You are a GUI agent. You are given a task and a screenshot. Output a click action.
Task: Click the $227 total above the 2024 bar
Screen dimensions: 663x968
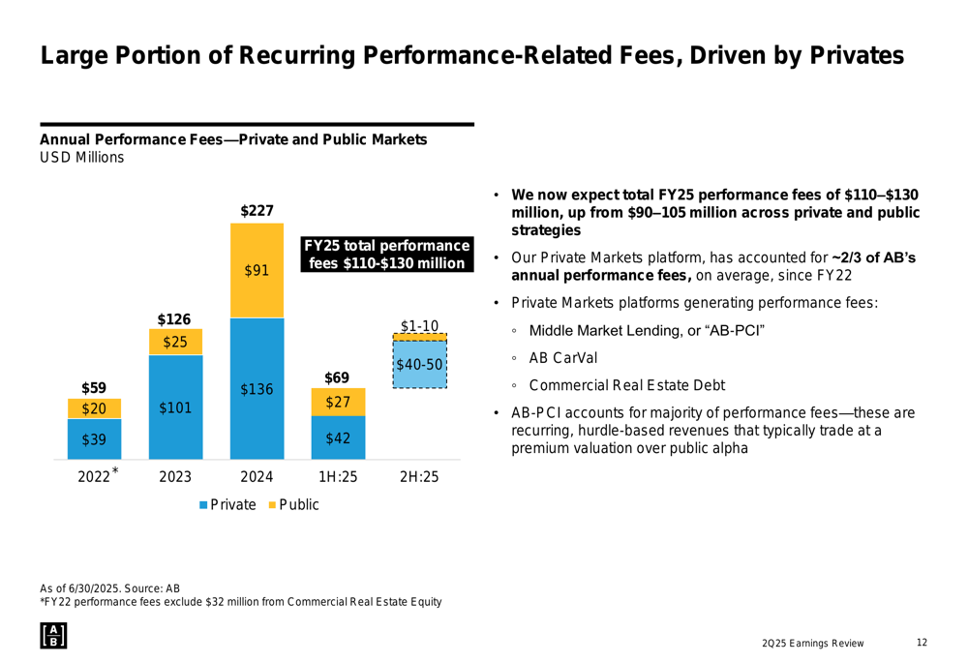[257, 209]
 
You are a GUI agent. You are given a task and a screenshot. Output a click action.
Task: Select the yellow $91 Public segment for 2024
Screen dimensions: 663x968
[257, 271]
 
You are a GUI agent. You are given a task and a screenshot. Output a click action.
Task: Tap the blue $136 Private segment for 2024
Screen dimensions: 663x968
[257, 389]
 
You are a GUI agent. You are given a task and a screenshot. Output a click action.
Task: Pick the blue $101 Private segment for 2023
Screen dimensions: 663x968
[175, 407]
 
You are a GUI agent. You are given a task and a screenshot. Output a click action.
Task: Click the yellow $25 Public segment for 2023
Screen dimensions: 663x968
[175, 342]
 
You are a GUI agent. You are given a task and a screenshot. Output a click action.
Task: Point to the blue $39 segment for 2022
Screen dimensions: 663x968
[94, 439]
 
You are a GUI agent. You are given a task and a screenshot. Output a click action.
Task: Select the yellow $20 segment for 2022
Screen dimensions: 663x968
[94, 408]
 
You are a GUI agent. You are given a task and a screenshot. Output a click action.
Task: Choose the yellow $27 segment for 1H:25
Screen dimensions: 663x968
[338, 402]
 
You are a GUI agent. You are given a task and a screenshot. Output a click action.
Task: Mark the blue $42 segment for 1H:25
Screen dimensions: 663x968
[338, 438]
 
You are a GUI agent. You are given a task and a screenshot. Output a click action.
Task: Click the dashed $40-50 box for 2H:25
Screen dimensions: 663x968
[419, 364]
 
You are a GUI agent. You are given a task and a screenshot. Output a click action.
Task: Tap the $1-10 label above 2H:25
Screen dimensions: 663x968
[420, 325]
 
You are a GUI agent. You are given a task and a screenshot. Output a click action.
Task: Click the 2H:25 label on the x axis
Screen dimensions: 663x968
[419, 476]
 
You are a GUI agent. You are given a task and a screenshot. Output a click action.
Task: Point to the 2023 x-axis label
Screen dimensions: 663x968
[175, 476]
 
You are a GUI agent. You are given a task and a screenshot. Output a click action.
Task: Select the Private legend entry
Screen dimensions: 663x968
[228, 504]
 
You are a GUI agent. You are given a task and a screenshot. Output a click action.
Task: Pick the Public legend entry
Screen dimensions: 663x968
[293, 504]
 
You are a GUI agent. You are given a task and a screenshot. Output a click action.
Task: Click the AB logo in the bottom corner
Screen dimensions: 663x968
[52, 635]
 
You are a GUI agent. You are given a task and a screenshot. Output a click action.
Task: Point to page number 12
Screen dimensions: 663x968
[922, 643]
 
